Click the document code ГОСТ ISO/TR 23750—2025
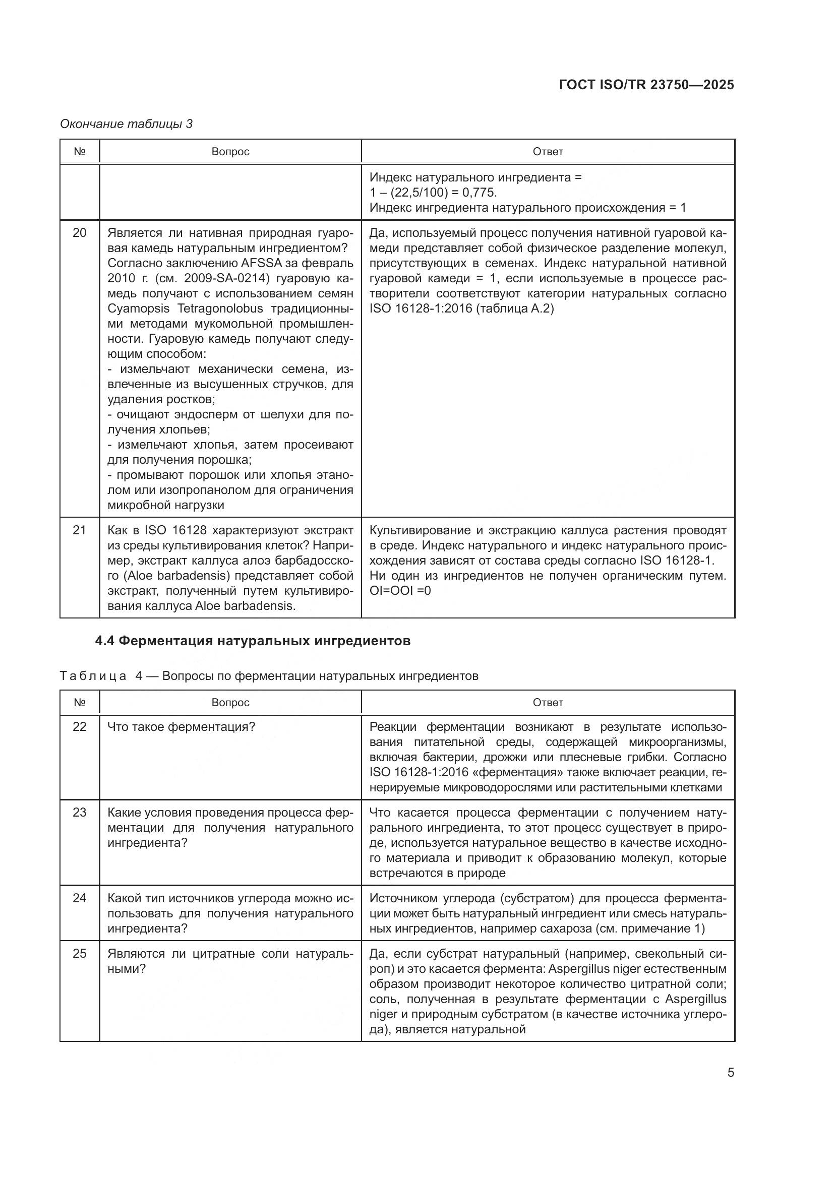646,85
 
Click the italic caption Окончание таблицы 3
127,124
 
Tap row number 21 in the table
80,529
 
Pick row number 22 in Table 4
80,727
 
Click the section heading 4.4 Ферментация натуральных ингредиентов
253,641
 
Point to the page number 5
730,1072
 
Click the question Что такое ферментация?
181,727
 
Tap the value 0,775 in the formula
479,193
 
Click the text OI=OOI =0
400,590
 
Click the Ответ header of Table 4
548,702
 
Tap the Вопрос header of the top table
230,152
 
